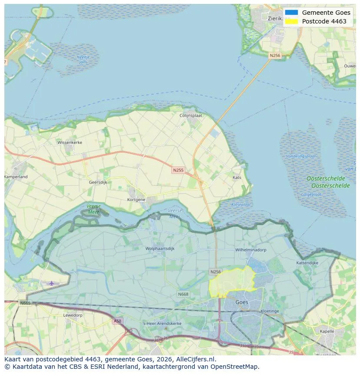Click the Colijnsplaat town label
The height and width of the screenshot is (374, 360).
191,116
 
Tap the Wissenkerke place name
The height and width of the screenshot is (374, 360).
70,142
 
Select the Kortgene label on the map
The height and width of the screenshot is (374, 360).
136,199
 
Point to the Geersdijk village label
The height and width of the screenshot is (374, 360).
98,182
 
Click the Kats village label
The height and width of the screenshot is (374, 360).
237,178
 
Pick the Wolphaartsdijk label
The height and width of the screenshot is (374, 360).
160,249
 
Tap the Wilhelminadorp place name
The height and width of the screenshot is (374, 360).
250,250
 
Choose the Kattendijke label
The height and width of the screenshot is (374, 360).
307,263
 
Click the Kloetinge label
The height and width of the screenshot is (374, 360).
270,311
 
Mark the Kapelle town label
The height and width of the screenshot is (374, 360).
327,331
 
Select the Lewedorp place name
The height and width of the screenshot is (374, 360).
73,315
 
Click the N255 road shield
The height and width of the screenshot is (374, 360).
178,170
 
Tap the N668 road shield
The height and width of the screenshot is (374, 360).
183,294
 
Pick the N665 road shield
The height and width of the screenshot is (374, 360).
25,303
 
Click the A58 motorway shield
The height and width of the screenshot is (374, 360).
117,321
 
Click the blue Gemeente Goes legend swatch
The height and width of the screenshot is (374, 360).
292,13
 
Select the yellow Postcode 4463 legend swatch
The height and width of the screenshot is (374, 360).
292,21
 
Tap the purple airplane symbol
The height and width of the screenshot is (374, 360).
52,283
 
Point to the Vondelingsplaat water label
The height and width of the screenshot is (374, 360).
301,156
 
